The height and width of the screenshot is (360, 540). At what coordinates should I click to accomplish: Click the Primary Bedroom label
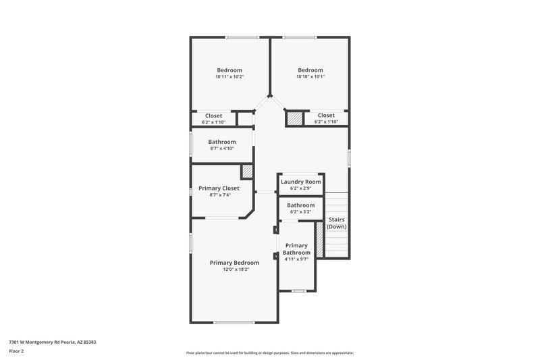point(234,263)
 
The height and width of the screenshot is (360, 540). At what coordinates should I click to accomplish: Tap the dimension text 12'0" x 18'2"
point(234,269)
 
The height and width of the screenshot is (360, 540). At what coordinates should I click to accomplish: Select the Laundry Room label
point(300,182)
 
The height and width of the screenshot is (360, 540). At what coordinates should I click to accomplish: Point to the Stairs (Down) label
point(337,223)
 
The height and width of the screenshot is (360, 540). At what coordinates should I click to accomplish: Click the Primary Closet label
point(219,188)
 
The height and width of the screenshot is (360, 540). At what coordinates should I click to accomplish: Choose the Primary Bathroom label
point(296,249)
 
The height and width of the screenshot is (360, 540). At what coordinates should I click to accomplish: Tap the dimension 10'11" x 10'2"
point(230,76)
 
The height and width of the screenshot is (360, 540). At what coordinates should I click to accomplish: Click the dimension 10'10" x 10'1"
point(310,76)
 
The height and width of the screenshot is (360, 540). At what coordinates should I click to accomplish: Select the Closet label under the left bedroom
point(213,115)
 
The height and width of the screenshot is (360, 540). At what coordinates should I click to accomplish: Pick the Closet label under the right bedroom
point(326,115)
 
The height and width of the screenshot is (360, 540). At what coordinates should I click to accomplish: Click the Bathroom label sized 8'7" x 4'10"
point(222,142)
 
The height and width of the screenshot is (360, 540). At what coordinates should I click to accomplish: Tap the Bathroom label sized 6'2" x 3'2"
point(300,205)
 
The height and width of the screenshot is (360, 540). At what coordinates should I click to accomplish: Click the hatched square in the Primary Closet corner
point(247,172)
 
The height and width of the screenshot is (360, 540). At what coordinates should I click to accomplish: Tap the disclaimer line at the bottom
point(269,353)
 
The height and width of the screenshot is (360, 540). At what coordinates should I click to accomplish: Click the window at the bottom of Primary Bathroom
point(298,291)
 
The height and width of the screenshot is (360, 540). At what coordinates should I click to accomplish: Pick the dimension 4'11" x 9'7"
point(296,259)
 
